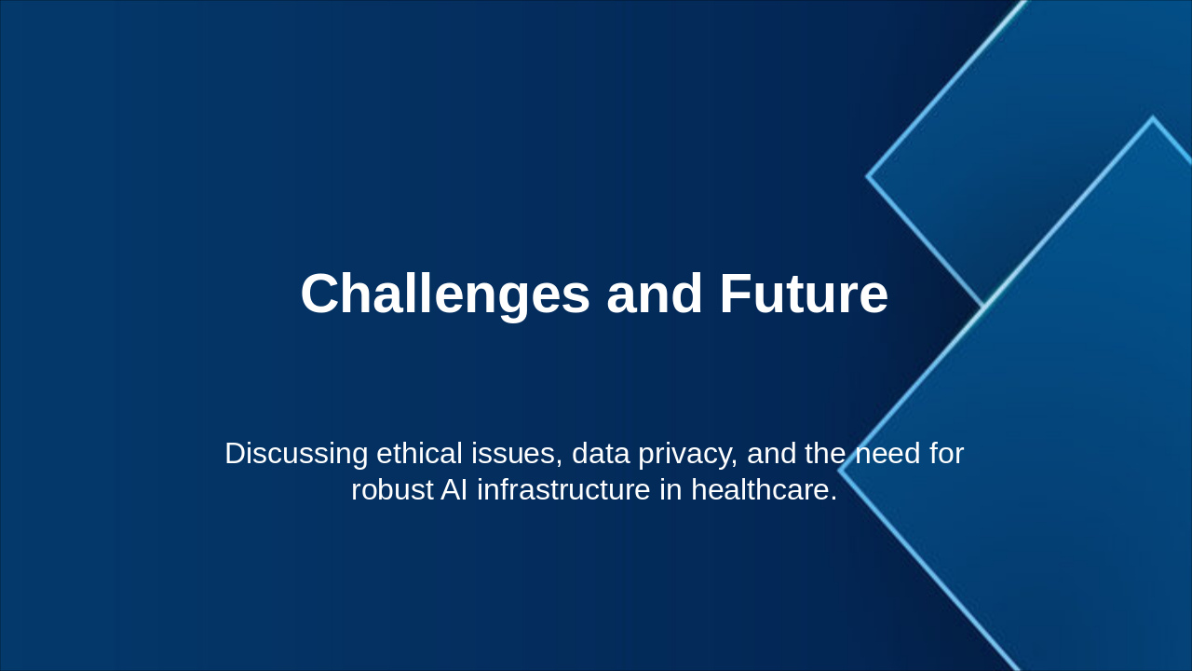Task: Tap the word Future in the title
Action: [804, 294]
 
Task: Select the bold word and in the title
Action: [655, 294]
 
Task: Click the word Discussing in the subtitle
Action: [296, 454]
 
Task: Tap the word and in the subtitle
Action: [772, 454]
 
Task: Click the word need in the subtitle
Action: [887, 454]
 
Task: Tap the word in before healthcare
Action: [670, 490]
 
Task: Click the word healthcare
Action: [764, 490]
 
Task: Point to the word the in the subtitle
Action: [825, 454]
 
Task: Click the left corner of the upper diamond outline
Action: [868, 175]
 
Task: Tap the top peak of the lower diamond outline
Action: [1153, 118]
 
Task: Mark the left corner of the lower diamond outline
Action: [840, 471]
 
